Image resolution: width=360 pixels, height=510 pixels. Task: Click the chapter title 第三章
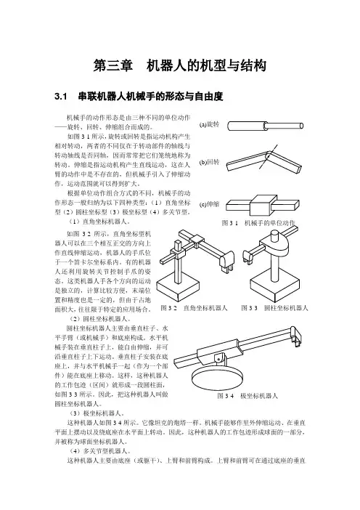(112, 65)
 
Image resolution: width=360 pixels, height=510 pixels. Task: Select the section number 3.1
(61, 97)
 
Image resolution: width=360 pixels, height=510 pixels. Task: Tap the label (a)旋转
(209, 124)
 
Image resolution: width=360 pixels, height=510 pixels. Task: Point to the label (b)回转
(209, 162)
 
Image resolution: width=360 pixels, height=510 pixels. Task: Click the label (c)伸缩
(209, 205)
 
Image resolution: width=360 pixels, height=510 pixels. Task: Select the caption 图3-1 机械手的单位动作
(258, 223)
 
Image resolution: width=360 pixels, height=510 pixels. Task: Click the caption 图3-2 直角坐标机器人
(194, 308)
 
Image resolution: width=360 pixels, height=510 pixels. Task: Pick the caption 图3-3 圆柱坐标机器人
(274, 308)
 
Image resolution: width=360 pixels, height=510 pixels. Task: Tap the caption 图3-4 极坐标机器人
(247, 396)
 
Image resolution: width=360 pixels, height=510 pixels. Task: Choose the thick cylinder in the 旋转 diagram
(247, 126)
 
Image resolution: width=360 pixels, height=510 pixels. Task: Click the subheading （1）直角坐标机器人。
(100, 222)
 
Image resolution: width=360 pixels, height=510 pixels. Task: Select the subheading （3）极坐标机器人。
(97, 413)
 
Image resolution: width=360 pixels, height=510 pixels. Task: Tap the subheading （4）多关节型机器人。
(100, 451)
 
